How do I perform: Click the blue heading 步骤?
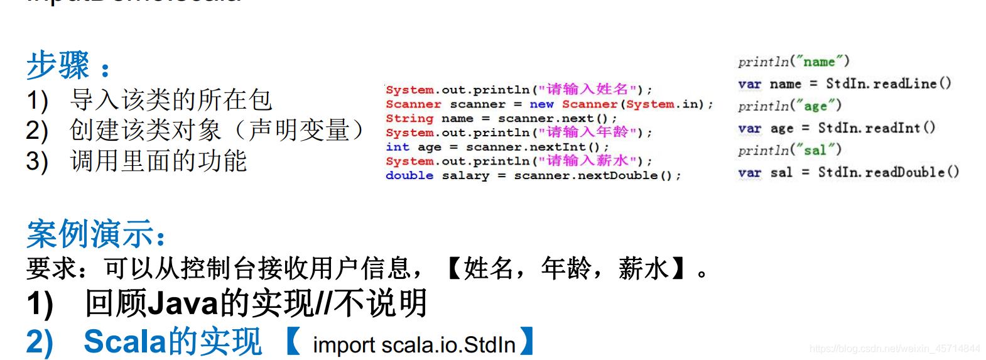[x=58, y=65]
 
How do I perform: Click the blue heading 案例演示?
[x=90, y=235]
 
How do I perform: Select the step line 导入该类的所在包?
[x=171, y=100]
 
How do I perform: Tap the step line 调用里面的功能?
[x=158, y=161]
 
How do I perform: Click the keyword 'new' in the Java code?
[x=541, y=104]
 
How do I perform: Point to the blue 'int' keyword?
[x=397, y=147]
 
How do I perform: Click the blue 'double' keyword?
[x=409, y=175]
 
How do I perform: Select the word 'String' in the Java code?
[x=409, y=119]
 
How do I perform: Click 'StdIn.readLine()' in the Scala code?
[x=888, y=84]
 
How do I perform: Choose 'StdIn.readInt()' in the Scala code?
[x=876, y=128]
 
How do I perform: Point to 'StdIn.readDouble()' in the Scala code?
[x=888, y=172]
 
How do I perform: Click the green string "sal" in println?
[x=815, y=150]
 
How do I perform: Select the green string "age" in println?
[x=815, y=106]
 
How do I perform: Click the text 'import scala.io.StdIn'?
[x=414, y=345]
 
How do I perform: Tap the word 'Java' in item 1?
[x=183, y=303]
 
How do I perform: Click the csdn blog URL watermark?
[x=894, y=349]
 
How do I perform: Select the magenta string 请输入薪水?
[x=587, y=161]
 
